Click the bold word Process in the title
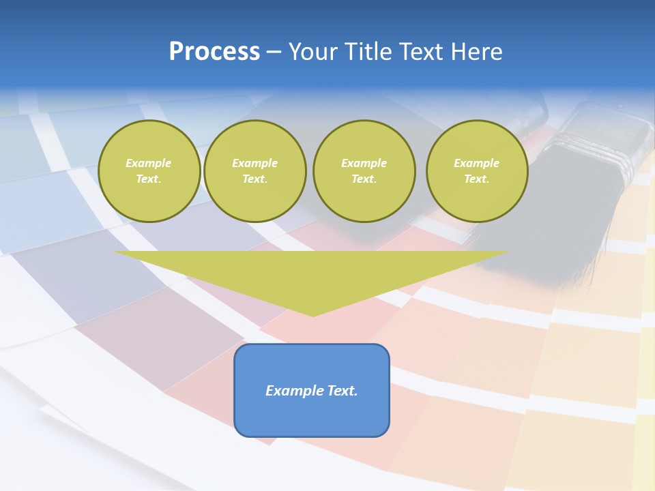click(x=214, y=52)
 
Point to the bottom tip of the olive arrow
click(x=312, y=315)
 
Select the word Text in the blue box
click(x=341, y=391)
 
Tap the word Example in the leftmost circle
click(x=149, y=163)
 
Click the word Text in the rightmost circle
click(x=476, y=179)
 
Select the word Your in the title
click(x=311, y=52)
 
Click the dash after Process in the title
click(x=274, y=52)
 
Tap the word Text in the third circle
click(x=364, y=179)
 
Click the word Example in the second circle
click(x=254, y=163)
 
